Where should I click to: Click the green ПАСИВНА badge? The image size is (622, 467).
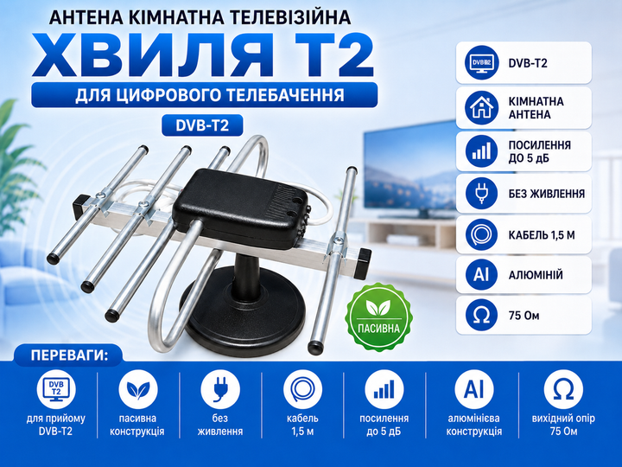tap(379, 317)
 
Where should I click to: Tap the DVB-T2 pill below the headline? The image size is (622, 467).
tap(202, 125)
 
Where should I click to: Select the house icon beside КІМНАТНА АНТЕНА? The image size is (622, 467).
tap(481, 107)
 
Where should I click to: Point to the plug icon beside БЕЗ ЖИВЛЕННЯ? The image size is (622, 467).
tap(481, 194)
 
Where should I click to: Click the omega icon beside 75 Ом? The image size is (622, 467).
tap(481, 316)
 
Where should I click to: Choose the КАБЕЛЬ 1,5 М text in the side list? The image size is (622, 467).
tap(542, 235)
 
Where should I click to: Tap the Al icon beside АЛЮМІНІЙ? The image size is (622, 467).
tap(481, 274)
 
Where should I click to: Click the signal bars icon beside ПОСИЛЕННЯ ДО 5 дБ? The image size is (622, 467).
tap(481, 151)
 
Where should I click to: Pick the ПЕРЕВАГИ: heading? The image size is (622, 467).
tap(69, 355)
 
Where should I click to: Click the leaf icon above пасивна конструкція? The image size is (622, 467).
tap(138, 389)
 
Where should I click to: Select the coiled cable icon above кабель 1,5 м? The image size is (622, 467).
tap(302, 389)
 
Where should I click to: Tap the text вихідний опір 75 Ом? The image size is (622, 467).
tap(563, 425)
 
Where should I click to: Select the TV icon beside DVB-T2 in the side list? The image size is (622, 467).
tap(481, 62)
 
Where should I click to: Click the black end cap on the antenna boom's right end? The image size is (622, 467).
tap(364, 263)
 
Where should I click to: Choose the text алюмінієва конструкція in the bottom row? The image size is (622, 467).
tap(473, 425)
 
